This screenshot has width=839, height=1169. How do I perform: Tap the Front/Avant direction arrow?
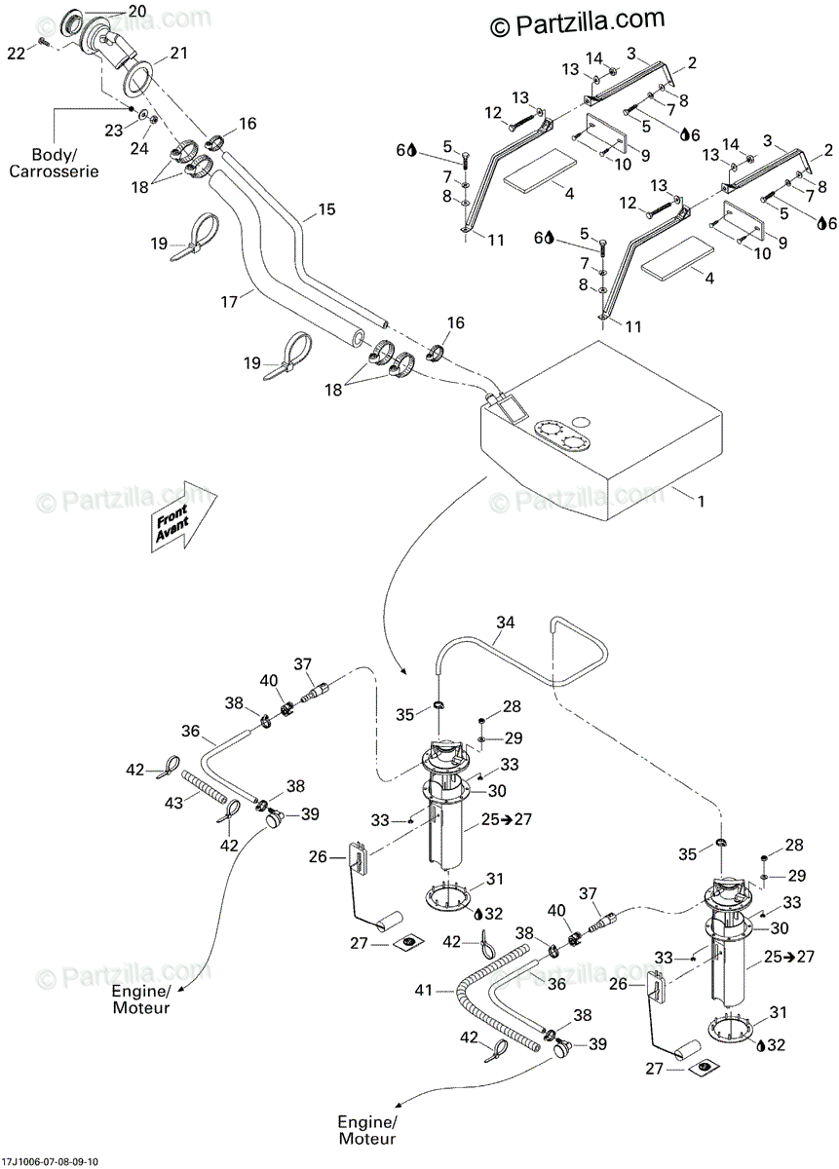tap(182, 515)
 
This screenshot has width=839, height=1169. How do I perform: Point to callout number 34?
tap(505, 621)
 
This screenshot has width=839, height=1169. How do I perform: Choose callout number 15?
tap(325, 209)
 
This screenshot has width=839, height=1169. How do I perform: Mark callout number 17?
tap(229, 302)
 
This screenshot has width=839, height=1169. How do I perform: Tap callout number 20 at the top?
tap(135, 10)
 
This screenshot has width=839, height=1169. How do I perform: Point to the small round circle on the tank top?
tap(580, 421)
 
